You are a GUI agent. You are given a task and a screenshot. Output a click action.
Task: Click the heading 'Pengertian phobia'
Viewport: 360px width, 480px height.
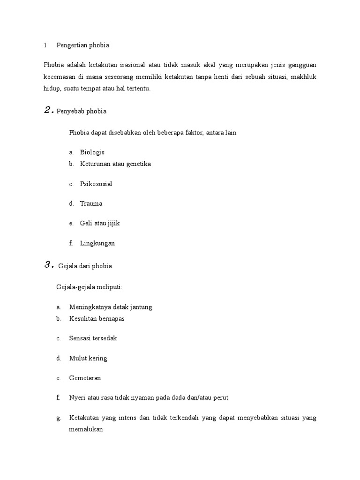click(x=82, y=45)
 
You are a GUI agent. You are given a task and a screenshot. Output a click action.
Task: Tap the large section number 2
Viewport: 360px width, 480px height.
click(x=48, y=111)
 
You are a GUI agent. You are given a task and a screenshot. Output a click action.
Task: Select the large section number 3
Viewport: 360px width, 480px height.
click(x=48, y=265)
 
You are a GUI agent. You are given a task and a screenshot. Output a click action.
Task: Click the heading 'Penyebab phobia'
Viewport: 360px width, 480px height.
click(x=82, y=111)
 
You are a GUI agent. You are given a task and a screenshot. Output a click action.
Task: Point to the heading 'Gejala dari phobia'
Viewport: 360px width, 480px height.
click(x=85, y=266)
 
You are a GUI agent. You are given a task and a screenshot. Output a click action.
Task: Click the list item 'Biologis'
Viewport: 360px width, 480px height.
click(x=92, y=152)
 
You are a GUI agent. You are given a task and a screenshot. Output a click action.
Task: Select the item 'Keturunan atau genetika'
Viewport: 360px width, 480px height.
click(x=115, y=164)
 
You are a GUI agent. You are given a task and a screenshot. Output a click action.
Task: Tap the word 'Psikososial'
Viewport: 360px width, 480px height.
click(x=96, y=184)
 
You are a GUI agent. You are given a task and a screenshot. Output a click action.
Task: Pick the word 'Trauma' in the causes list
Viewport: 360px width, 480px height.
click(x=91, y=204)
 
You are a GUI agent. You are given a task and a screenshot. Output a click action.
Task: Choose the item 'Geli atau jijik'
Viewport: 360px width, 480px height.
click(x=100, y=224)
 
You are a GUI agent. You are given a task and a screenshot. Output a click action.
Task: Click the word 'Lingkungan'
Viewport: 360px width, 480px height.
click(x=97, y=243)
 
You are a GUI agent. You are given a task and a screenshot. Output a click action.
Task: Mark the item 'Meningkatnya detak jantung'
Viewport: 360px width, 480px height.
click(x=111, y=307)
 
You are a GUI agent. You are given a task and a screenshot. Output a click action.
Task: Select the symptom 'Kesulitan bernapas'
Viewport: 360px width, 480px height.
click(x=97, y=319)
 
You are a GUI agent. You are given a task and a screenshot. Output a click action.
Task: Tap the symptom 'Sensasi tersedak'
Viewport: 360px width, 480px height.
click(x=93, y=338)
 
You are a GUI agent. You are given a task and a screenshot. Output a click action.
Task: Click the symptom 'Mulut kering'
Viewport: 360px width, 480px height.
click(x=88, y=358)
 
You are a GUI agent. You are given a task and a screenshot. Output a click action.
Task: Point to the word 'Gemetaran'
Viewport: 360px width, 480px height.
click(x=85, y=378)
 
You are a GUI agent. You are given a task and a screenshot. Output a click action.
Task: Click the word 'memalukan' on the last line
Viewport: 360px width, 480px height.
click(x=86, y=429)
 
